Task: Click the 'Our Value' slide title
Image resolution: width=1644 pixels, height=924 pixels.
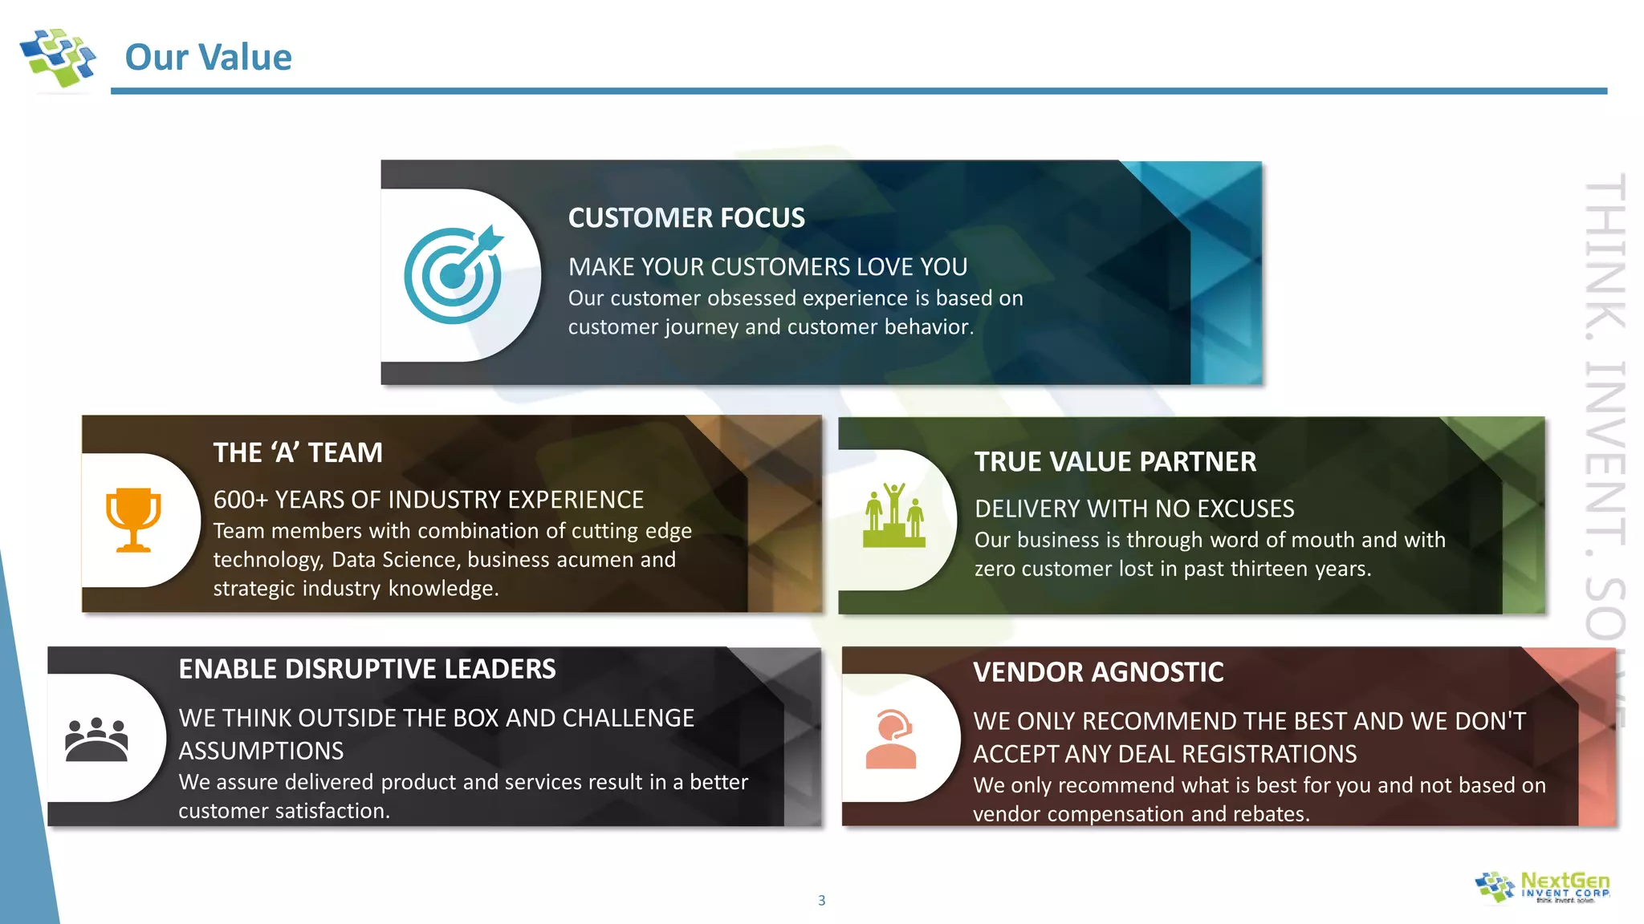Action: tap(208, 57)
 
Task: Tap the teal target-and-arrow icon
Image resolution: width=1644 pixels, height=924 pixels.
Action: tap(454, 274)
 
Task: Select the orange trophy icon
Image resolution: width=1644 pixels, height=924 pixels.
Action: tap(133, 520)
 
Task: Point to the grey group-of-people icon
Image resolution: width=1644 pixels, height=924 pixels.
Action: tap(96, 739)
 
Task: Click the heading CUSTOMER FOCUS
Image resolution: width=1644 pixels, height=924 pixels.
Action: tap(686, 218)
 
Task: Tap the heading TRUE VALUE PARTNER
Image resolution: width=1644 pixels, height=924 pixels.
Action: tap(1114, 462)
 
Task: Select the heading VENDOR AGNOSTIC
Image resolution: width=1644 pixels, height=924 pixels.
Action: tap(1097, 672)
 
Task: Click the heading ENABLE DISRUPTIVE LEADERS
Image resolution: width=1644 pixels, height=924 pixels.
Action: tap(367, 669)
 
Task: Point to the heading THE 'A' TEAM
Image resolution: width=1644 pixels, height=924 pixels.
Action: tap(298, 453)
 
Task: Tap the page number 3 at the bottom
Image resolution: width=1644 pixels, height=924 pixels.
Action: tap(821, 901)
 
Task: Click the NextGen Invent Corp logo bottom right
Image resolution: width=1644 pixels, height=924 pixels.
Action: tap(1542, 887)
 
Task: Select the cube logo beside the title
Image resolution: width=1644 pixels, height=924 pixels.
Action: tap(58, 58)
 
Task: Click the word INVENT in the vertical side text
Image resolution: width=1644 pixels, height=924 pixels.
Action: tap(1605, 453)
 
